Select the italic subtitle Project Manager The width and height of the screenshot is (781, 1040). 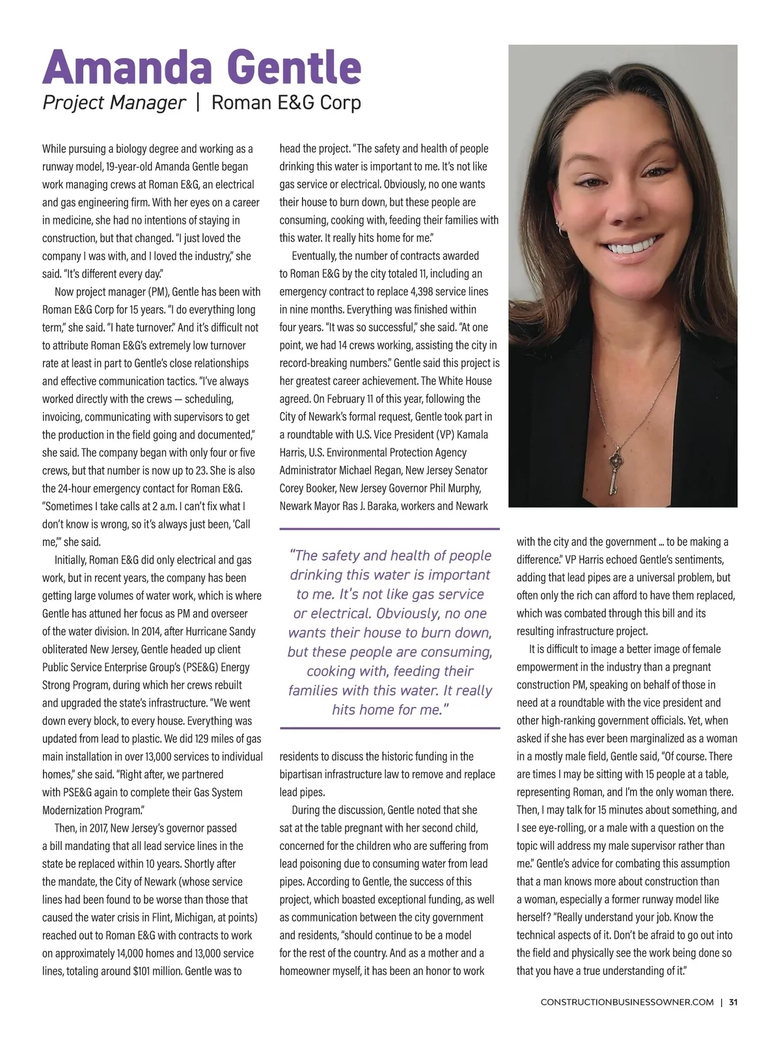tap(114, 103)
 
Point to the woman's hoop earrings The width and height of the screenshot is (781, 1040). tap(562, 228)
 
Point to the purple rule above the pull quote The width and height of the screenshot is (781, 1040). tap(389, 528)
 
